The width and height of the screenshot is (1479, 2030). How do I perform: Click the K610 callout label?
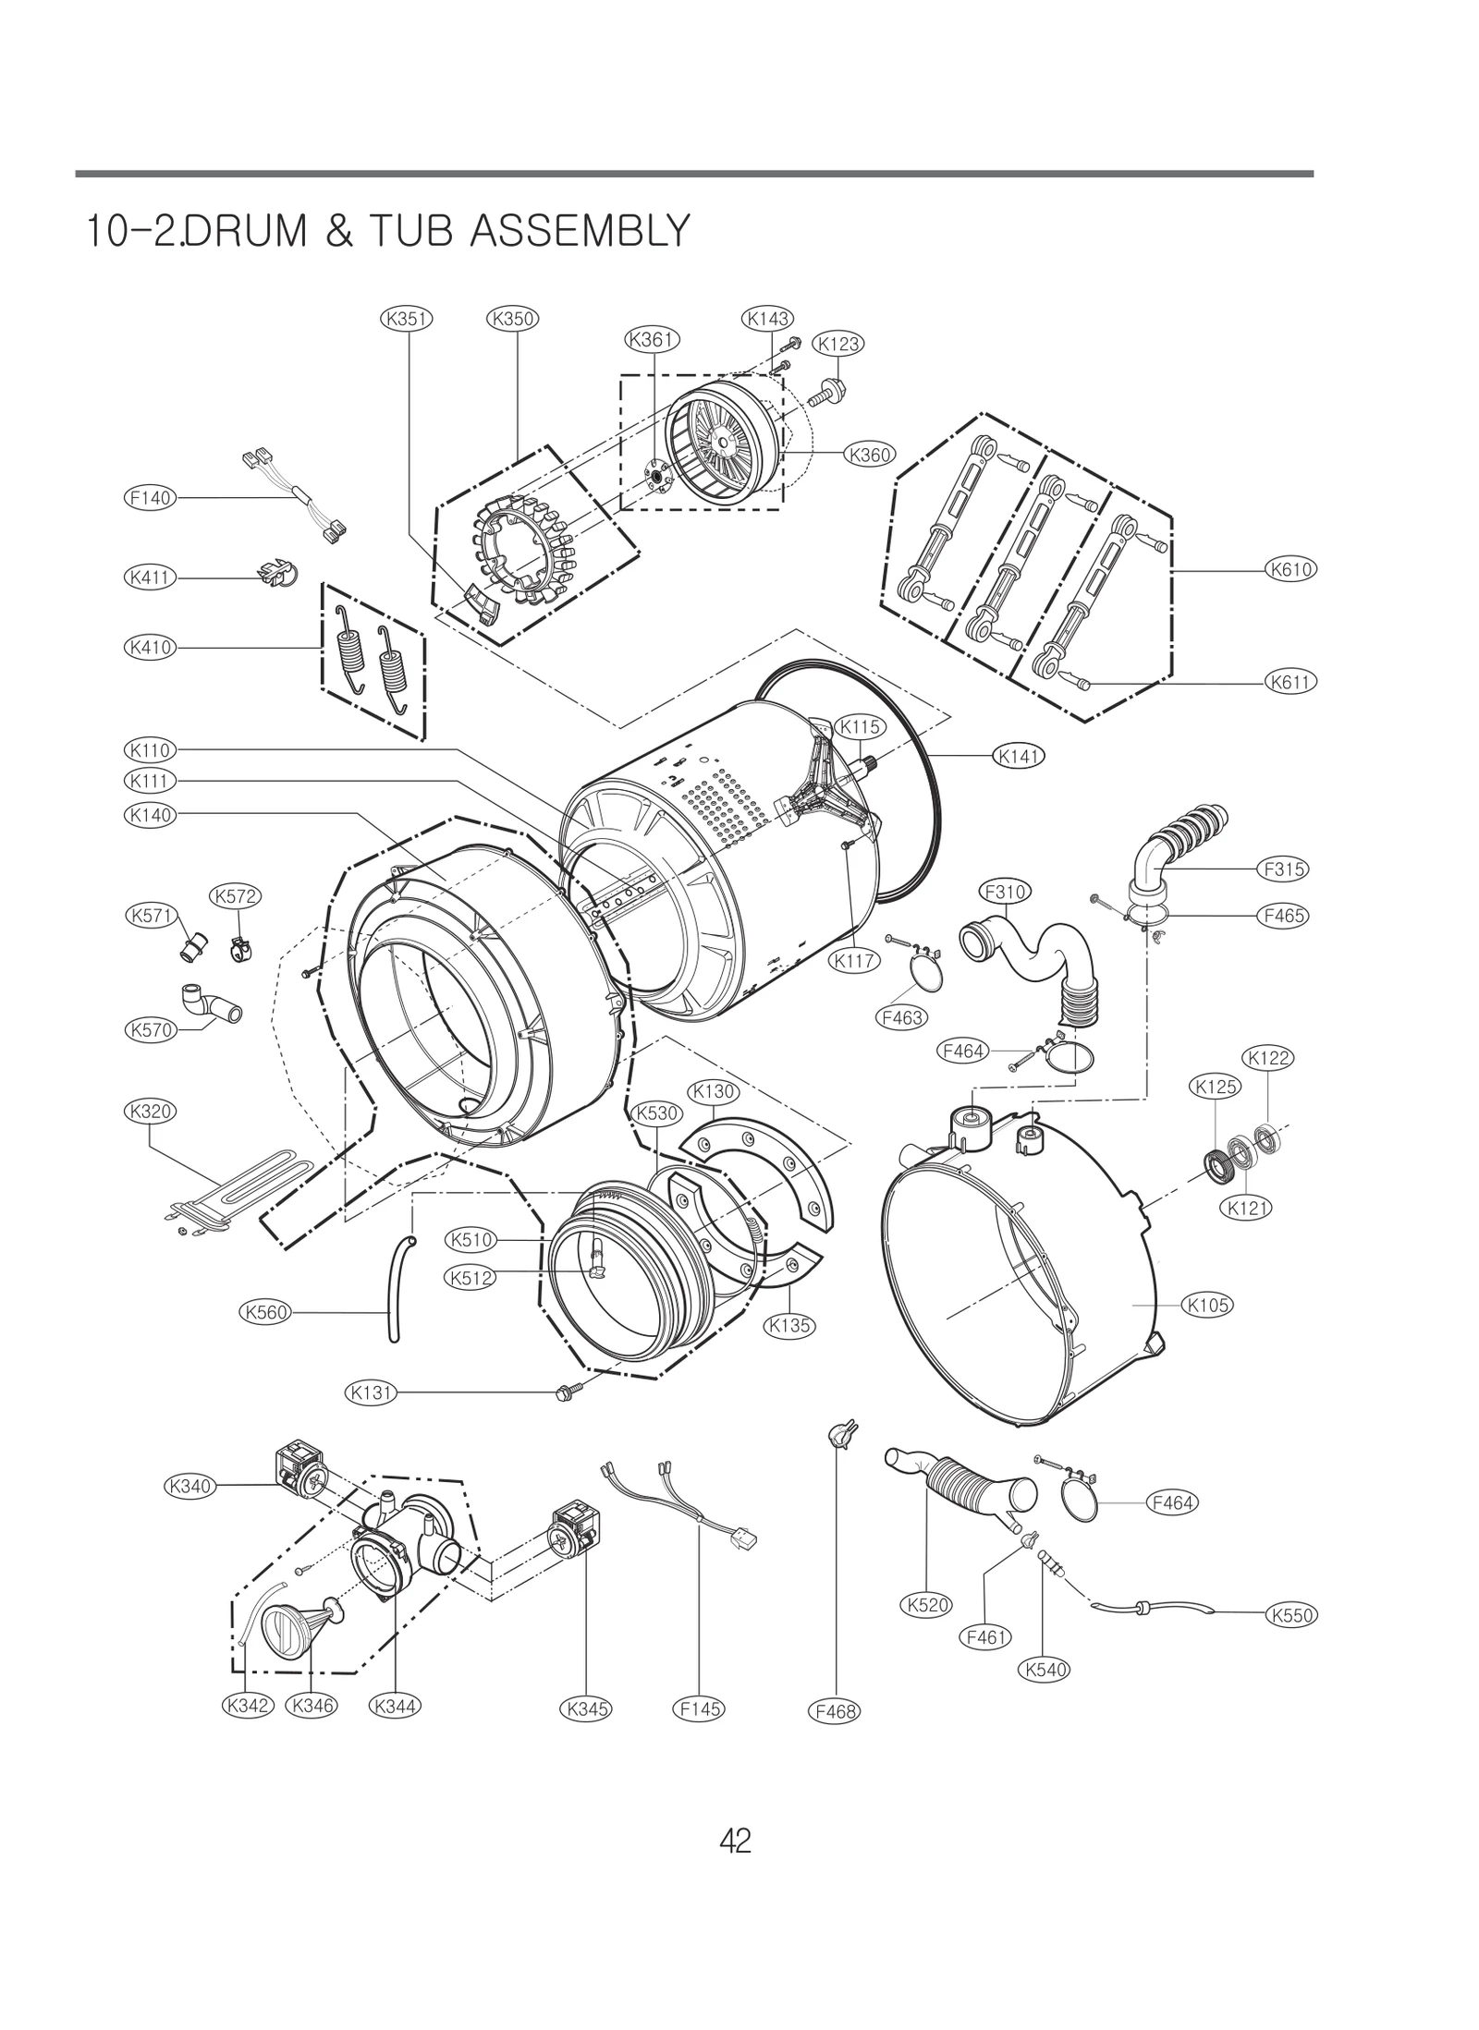(1290, 570)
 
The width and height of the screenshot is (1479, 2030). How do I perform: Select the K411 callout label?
(149, 577)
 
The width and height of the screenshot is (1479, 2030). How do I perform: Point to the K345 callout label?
(586, 1708)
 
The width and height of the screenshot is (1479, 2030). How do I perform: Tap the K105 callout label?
(1207, 1305)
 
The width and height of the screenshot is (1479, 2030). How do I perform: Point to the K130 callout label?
(712, 1091)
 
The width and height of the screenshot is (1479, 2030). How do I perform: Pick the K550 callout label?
(1290, 1615)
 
